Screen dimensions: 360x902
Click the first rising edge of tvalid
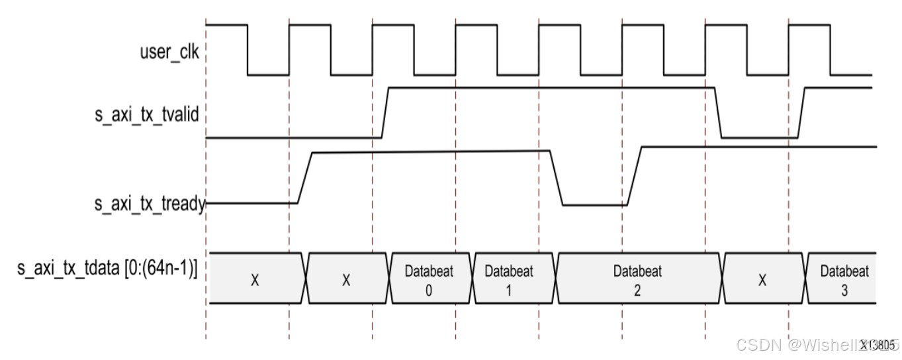[386, 112]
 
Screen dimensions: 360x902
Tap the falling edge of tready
[556, 177]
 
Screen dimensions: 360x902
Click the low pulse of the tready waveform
[594, 205]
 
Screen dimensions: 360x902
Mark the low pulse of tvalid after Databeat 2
[759, 138]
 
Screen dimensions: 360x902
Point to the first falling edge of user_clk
[248, 50]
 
